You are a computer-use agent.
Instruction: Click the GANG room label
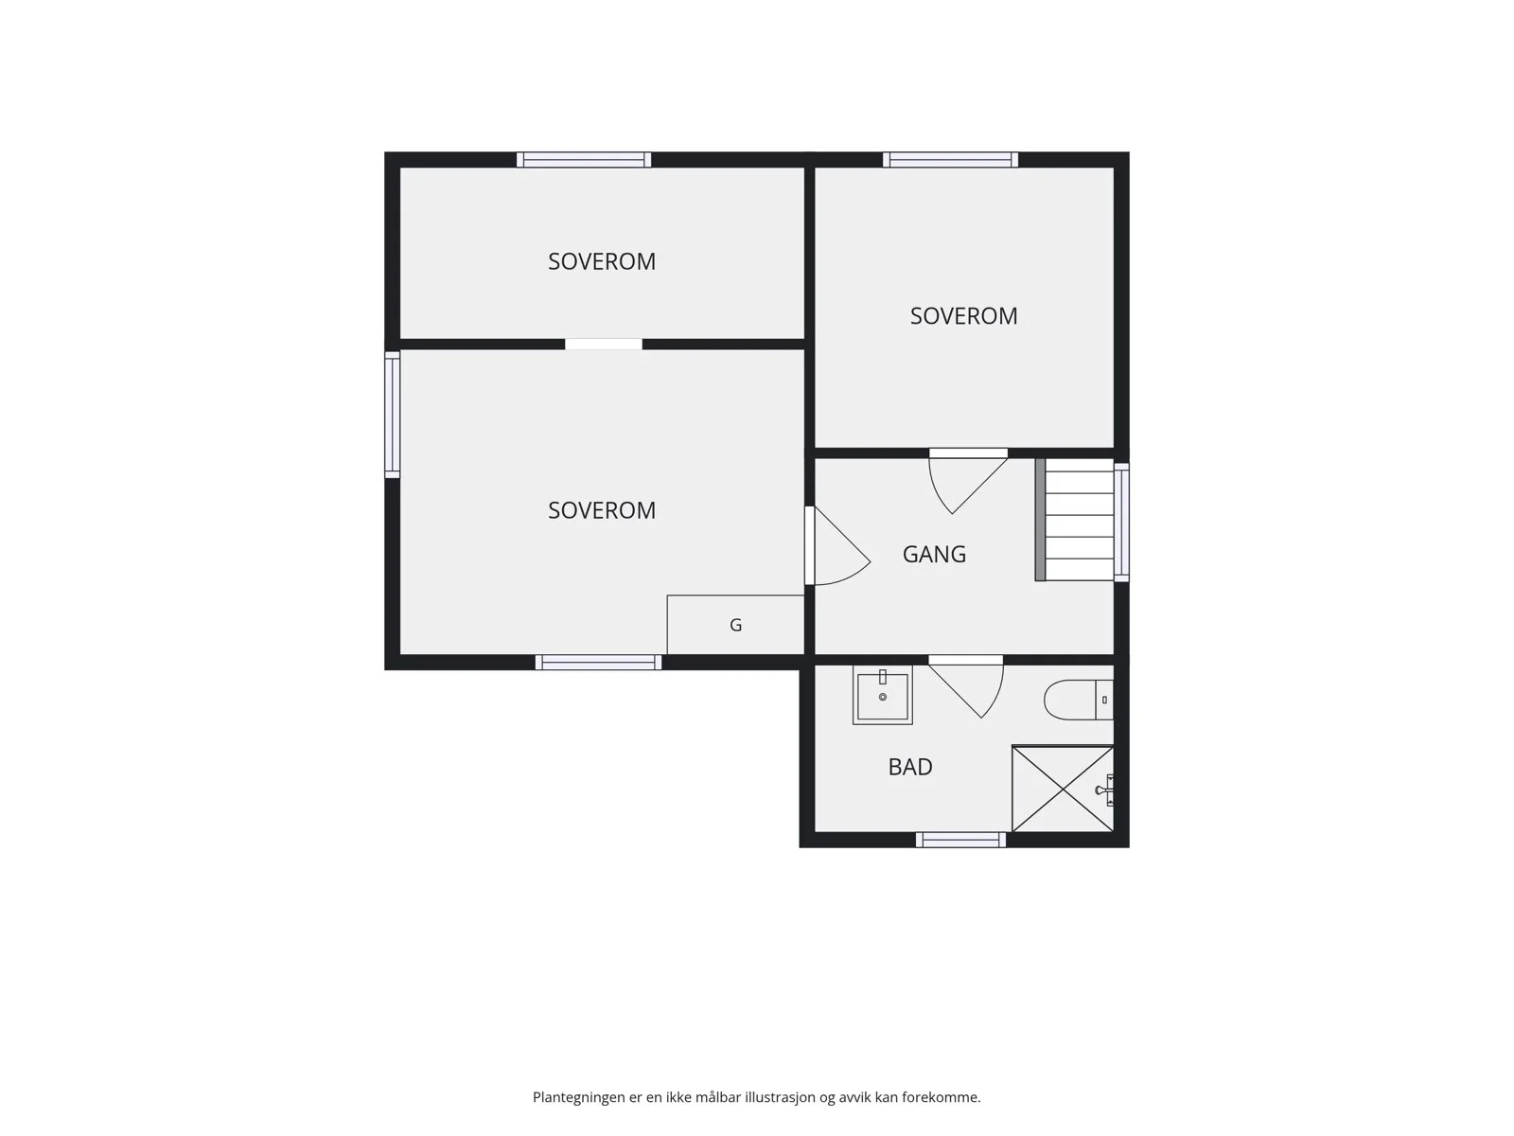[x=934, y=554]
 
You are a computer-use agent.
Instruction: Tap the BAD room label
[x=909, y=767]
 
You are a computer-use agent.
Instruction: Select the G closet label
[x=735, y=625]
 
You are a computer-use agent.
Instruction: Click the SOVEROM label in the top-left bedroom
[x=602, y=261]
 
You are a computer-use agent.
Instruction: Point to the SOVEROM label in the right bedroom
[x=963, y=316]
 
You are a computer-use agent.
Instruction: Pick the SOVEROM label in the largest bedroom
[x=602, y=510]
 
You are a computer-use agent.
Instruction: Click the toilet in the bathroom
[x=1078, y=701]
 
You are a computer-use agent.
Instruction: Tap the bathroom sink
[x=882, y=695]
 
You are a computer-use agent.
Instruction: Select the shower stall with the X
[x=1063, y=789]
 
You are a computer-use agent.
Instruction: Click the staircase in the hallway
[x=1075, y=520]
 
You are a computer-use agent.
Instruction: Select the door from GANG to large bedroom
[x=836, y=545]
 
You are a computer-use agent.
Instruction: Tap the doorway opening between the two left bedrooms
[x=604, y=345]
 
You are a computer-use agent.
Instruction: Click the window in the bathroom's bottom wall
[x=960, y=840]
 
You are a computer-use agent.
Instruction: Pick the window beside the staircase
[x=1121, y=523]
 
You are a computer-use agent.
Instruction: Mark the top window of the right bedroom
[x=950, y=159]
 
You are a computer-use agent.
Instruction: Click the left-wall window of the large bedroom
[x=392, y=415]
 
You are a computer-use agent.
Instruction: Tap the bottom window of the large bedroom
[x=598, y=662]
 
